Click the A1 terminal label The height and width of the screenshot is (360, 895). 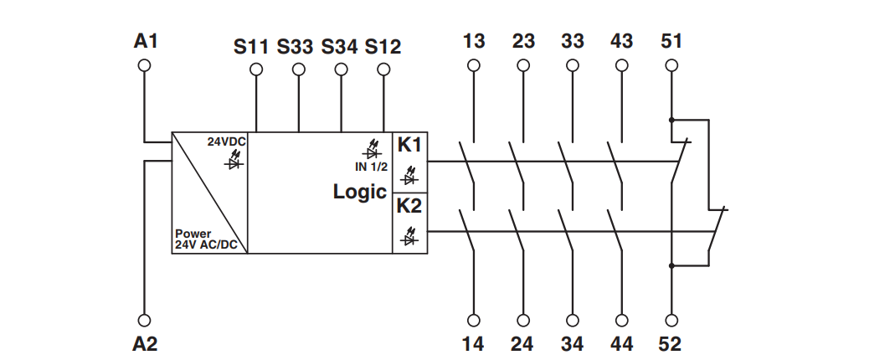[145, 41]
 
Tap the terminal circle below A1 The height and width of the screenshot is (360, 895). [144, 65]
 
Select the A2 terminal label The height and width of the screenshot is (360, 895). [145, 344]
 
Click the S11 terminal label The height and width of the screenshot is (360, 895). [250, 47]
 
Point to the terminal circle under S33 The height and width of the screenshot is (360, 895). [299, 69]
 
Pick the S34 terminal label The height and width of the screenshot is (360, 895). [339, 47]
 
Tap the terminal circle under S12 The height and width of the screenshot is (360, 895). [383, 69]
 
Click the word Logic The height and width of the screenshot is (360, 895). [360, 192]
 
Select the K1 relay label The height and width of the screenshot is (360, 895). [409, 146]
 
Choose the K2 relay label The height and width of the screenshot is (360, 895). [409, 206]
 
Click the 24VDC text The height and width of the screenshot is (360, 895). [227, 142]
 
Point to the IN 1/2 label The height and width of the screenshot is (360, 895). [371, 167]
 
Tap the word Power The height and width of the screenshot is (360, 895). [193, 234]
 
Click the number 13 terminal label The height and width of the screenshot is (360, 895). [474, 41]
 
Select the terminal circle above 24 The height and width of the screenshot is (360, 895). [522, 321]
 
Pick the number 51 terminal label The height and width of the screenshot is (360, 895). [671, 41]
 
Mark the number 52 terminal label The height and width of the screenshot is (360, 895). [670, 344]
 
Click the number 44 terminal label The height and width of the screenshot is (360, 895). [621, 344]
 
